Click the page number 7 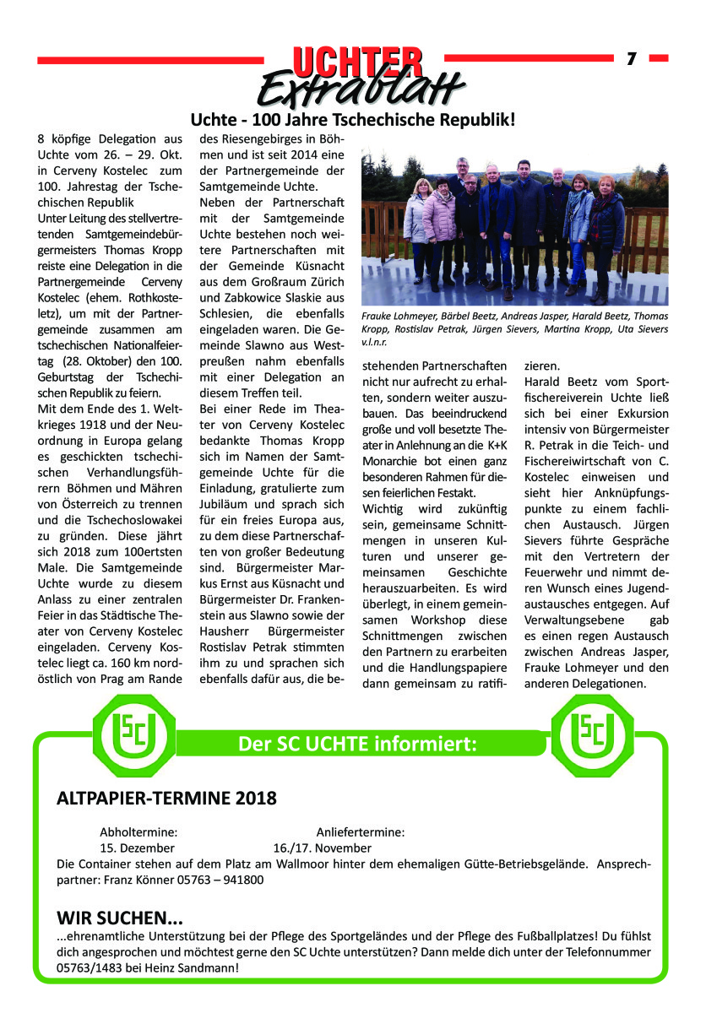tap(631, 58)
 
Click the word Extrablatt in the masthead tap(361, 87)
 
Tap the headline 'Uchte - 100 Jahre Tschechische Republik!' tap(352, 120)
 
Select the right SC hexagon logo tap(591, 732)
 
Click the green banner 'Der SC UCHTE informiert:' tap(358, 744)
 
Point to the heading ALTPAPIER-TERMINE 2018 tap(166, 798)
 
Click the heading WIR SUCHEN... tap(119, 918)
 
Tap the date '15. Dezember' tap(138, 848)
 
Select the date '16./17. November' tap(322, 848)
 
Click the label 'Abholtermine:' tap(138, 832)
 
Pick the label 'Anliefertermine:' tap(360, 832)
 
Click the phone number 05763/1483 tap(91, 967)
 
